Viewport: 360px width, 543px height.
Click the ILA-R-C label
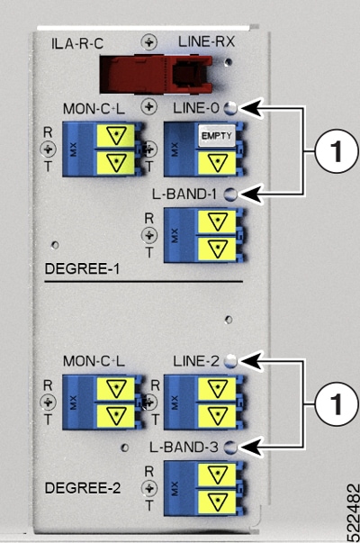click(77, 44)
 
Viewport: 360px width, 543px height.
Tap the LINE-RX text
click(207, 42)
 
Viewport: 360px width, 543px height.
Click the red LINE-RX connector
click(156, 75)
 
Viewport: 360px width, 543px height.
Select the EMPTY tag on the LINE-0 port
click(217, 136)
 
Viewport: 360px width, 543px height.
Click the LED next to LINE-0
click(230, 108)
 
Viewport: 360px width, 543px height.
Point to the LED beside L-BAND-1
click(230, 195)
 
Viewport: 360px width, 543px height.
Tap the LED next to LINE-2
click(230, 361)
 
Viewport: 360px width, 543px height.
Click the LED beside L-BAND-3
click(230, 448)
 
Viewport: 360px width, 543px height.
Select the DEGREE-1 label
click(82, 268)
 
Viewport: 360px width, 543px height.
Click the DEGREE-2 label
click(83, 488)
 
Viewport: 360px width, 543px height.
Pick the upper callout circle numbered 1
click(337, 151)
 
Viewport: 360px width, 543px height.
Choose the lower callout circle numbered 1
click(337, 403)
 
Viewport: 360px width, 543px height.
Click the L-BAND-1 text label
click(184, 195)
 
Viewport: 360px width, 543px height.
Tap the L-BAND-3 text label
click(184, 448)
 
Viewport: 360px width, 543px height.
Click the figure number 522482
click(353, 511)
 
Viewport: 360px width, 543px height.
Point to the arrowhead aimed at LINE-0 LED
click(250, 108)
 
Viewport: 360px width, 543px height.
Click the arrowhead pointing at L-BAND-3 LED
click(250, 448)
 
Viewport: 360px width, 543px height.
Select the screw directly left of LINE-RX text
click(149, 42)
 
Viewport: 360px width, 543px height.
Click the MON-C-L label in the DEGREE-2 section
click(94, 361)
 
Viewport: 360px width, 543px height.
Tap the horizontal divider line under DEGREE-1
click(144, 282)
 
